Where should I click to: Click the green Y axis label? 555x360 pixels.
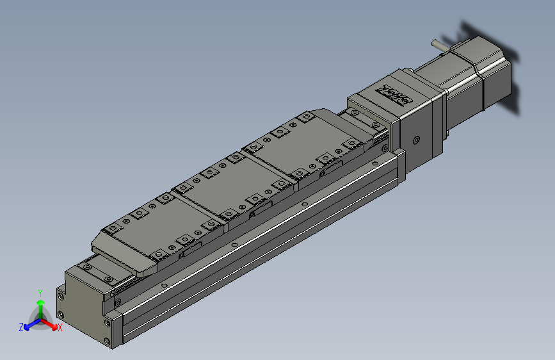(x=40, y=291)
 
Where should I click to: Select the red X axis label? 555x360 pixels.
(x=60, y=328)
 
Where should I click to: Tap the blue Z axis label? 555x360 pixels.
(x=21, y=327)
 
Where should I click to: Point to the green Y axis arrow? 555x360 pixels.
(x=40, y=304)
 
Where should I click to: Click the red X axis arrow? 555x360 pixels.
(x=51, y=323)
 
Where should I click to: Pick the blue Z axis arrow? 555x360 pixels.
(x=29, y=323)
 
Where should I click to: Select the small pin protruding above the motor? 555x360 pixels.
(x=439, y=46)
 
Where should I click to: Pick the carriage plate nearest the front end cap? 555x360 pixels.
(x=154, y=234)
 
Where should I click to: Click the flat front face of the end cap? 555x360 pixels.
(x=83, y=307)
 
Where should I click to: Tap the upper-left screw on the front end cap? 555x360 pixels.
(x=61, y=296)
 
